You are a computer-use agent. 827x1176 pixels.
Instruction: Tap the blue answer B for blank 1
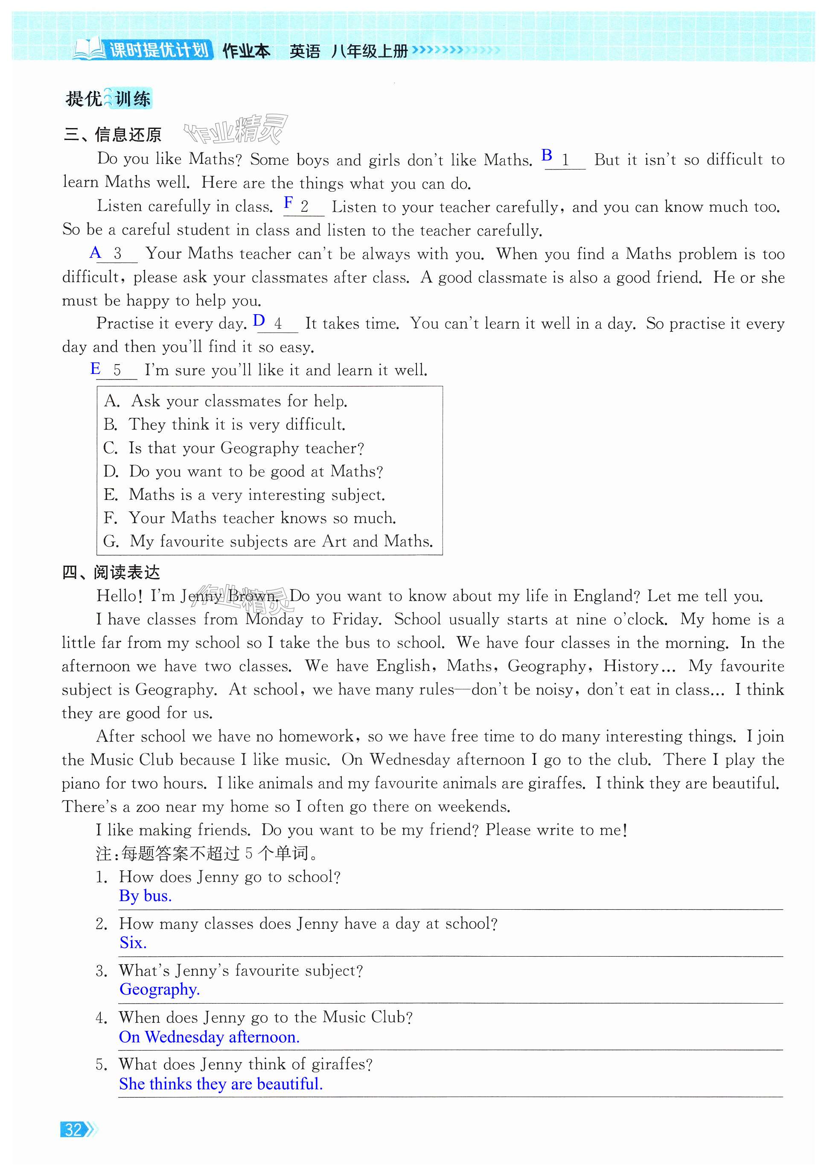click(547, 155)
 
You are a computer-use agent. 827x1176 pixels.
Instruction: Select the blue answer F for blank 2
click(289, 202)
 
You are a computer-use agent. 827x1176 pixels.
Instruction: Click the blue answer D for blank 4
click(259, 321)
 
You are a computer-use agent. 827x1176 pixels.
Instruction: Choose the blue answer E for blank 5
click(95, 368)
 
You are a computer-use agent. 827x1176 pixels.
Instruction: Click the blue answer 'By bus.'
click(146, 896)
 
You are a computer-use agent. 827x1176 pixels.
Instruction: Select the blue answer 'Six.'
click(133, 943)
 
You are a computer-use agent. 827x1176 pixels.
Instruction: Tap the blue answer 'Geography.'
click(159, 989)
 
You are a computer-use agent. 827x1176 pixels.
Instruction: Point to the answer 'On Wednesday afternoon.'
click(209, 1037)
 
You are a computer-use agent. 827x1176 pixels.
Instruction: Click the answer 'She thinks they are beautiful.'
click(221, 1083)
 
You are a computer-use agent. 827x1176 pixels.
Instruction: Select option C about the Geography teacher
click(233, 448)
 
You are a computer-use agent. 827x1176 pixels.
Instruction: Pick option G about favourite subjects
click(268, 541)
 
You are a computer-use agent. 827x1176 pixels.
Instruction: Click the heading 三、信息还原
click(113, 135)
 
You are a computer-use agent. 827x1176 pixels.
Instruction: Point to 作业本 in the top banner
click(246, 51)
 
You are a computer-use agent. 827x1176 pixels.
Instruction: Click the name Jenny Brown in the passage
click(230, 595)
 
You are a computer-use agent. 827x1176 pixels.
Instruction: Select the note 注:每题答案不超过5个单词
click(207, 853)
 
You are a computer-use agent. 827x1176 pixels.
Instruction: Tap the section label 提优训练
click(108, 98)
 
